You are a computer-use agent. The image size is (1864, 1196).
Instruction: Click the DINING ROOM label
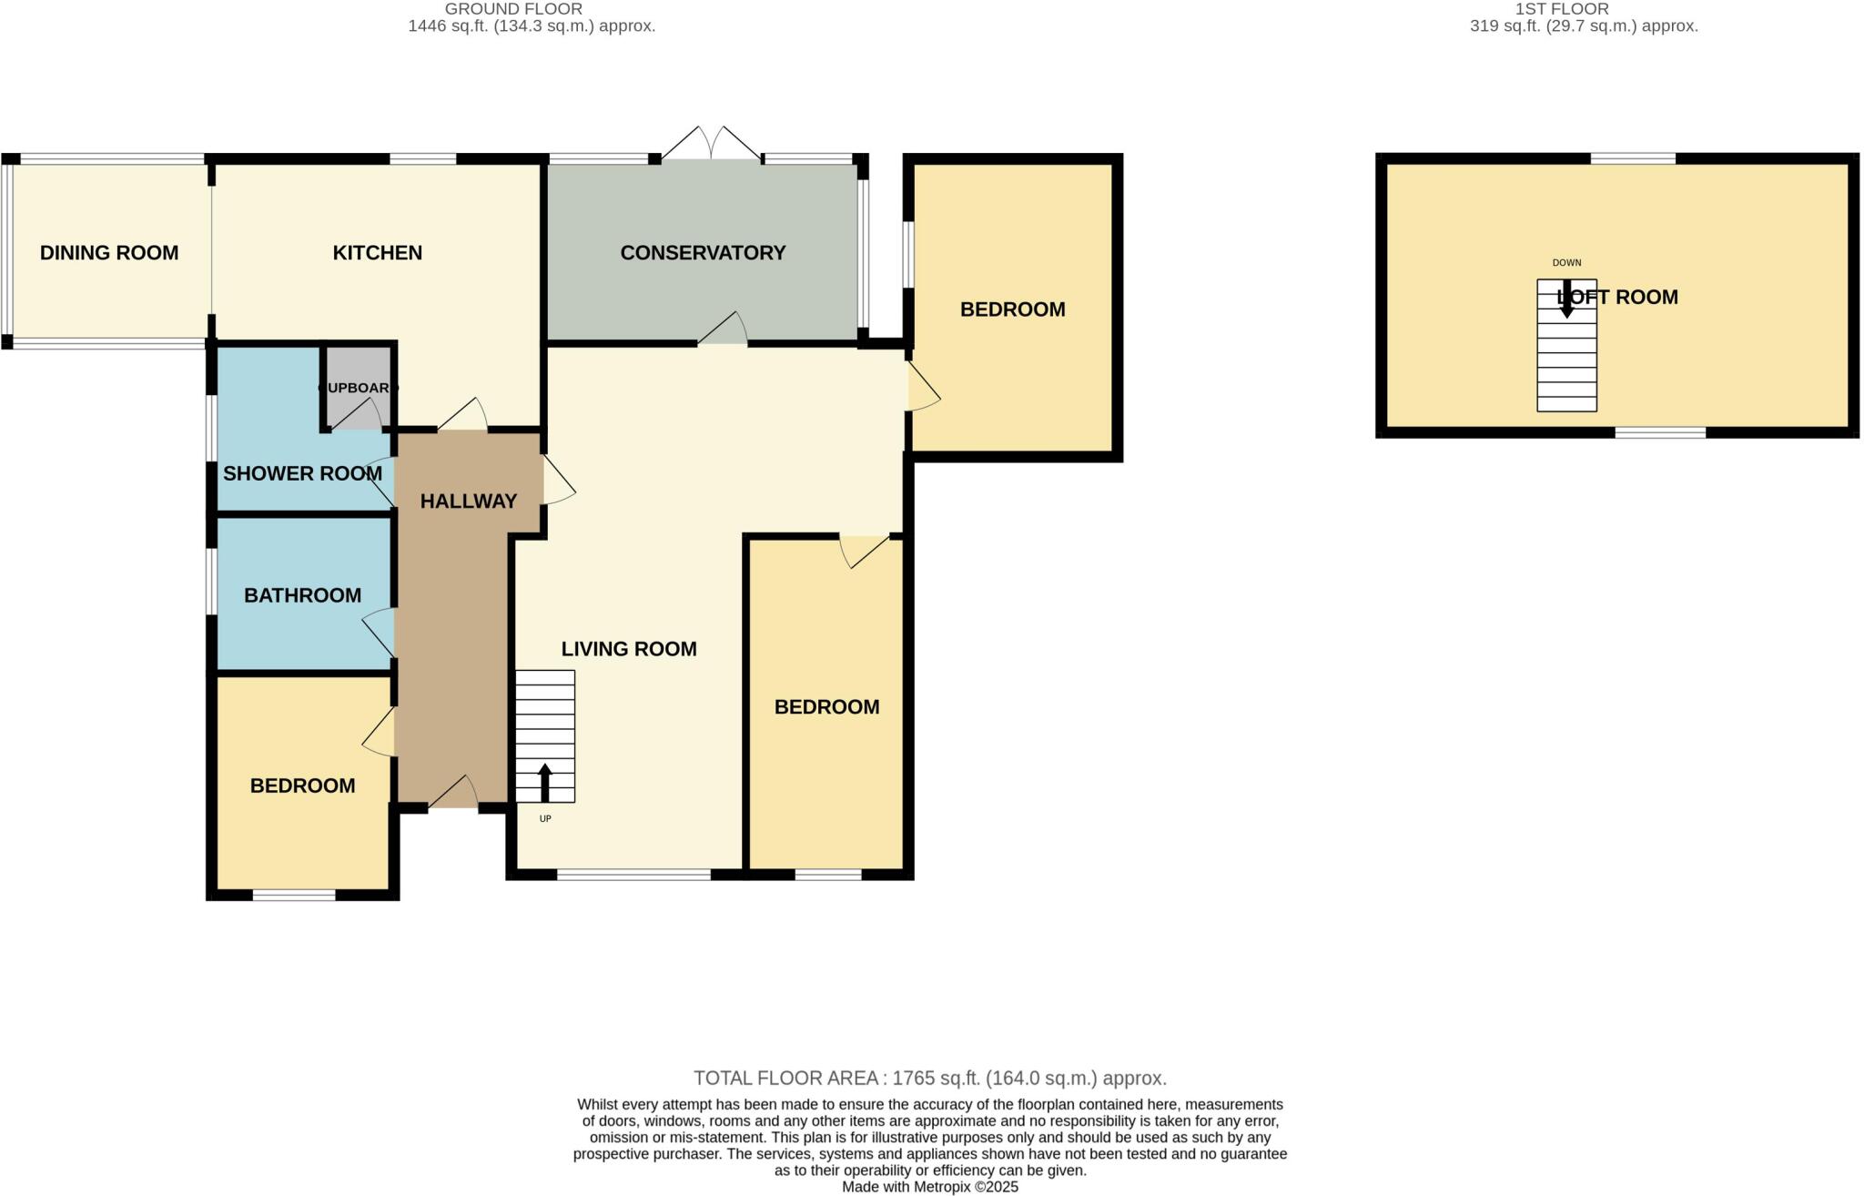click(x=109, y=253)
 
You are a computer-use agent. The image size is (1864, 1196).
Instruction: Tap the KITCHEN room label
click(x=377, y=253)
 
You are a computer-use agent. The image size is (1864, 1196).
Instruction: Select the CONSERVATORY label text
click(x=703, y=253)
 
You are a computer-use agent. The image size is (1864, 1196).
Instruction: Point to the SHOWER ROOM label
click(x=302, y=473)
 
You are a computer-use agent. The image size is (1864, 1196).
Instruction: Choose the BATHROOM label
click(x=302, y=595)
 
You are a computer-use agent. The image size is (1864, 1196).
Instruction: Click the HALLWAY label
click(x=468, y=501)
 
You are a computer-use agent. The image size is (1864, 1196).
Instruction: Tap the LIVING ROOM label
click(x=628, y=649)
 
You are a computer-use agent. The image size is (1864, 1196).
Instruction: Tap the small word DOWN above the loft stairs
click(x=1566, y=263)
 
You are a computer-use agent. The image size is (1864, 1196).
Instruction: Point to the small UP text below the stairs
click(x=545, y=819)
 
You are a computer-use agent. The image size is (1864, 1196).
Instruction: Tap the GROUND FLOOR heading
click(x=513, y=9)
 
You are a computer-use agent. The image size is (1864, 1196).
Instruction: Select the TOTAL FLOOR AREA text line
click(x=929, y=1079)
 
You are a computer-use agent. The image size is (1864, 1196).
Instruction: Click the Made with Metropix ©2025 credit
click(x=929, y=1187)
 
